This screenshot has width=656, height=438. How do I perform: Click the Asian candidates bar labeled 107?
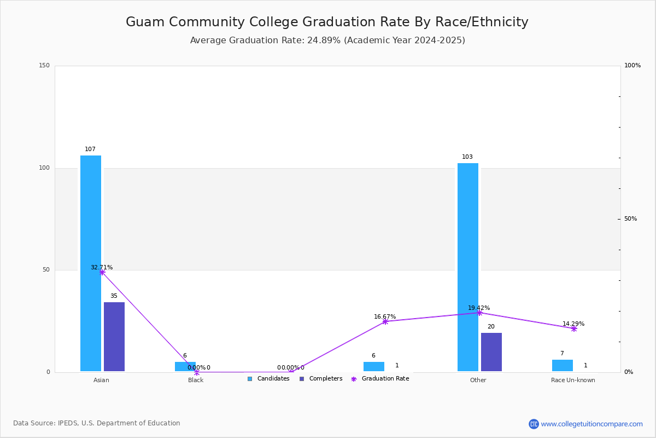click(91, 263)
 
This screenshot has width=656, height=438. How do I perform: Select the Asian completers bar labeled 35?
click(114, 337)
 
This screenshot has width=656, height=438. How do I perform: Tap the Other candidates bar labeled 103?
click(468, 267)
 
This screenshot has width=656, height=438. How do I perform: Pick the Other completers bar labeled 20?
click(491, 352)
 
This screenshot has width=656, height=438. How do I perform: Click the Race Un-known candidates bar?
click(563, 365)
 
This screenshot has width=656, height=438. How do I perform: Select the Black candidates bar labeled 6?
click(185, 366)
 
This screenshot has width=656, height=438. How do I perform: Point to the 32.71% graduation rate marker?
click(102, 272)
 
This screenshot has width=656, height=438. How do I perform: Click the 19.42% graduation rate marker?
click(479, 313)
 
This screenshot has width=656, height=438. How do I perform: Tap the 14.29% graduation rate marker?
click(574, 328)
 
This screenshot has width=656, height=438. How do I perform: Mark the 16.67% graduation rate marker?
click(385, 321)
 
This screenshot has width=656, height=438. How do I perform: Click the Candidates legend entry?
click(268, 379)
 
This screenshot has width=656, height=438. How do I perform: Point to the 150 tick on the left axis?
click(44, 66)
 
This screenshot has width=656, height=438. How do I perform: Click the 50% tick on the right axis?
click(630, 219)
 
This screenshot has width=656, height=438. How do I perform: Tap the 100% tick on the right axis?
click(632, 66)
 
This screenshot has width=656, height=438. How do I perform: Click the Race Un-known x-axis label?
click(573, 380)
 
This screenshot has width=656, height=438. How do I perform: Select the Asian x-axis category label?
click(101, 380)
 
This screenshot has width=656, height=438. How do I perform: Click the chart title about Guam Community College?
click(327, 22)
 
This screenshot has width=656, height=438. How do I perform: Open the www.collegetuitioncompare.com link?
click(591, 424)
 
